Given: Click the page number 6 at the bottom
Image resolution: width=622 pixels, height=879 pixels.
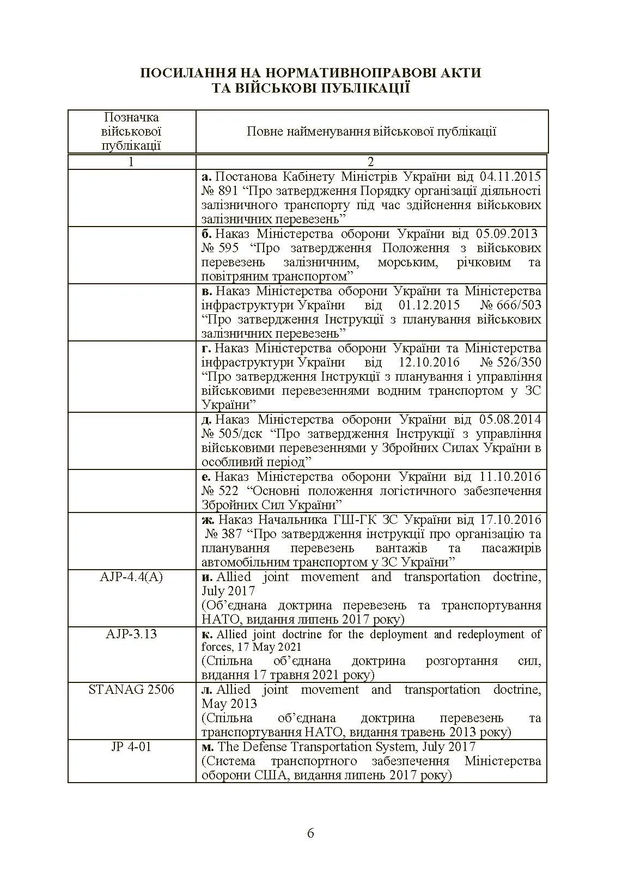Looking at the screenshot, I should click(310, 833).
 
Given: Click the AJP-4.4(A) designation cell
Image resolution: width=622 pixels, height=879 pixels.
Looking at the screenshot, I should click(131, 577).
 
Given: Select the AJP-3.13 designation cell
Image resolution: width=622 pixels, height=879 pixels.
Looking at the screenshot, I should click(131, 634).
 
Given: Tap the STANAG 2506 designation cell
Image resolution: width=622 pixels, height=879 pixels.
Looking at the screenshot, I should click(131, 690).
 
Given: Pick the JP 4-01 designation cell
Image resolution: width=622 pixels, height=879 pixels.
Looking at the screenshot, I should click(131, 747).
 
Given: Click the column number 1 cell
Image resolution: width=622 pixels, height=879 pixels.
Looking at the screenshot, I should click(131, 162).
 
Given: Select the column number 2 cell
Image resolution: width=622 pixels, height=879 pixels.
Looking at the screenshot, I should click(371, 162).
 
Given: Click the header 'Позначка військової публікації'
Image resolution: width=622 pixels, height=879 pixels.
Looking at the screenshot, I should click(131, 131).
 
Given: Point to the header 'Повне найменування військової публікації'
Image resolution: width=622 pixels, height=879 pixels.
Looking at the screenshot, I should click(371, 131).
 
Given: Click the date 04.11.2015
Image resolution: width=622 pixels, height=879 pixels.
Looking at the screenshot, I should click(510, 176).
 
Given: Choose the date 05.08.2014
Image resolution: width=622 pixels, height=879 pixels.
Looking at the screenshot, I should click(510, 419).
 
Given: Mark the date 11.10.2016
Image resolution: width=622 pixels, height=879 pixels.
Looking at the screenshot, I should click(510, 477).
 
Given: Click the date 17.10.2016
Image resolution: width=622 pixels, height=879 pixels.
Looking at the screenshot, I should click(510, 520).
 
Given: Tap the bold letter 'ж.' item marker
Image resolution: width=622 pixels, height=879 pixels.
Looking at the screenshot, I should click(208, 520).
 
